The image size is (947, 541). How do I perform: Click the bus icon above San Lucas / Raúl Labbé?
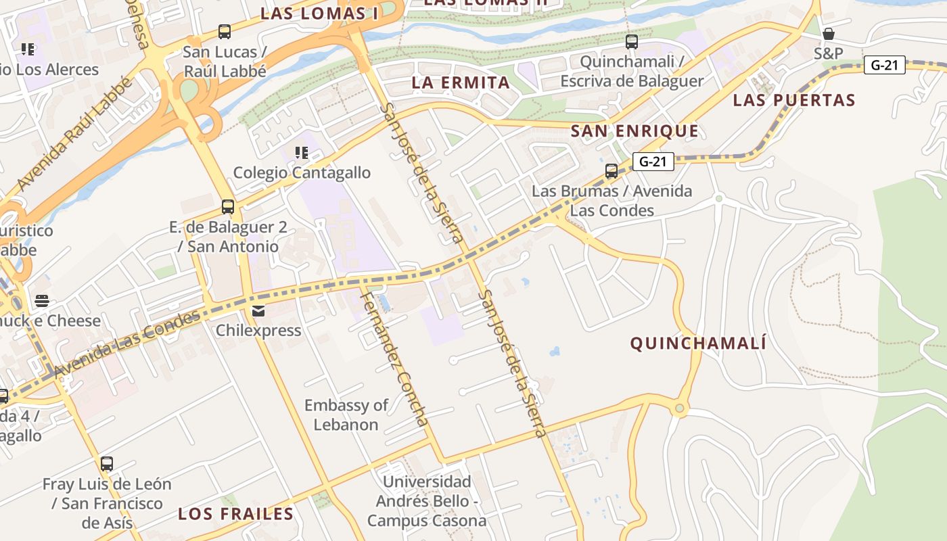[x=225, y=32]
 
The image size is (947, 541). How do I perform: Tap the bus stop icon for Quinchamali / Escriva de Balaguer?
[x=632, y=42]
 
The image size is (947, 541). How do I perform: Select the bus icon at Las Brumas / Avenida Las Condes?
[x=611, y=171]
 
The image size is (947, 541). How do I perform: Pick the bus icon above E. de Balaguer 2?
[x=228, y=207]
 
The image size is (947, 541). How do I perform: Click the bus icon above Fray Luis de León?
[x=107, y=464]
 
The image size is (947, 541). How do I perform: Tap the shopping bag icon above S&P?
[x=828, y=34]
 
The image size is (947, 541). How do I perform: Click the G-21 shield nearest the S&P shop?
[x=884, y=66]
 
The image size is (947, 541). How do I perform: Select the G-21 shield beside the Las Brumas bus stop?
[x=653, y=162]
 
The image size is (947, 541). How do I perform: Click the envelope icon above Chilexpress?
[x=258, y=311]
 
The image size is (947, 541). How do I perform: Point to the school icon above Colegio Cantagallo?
[x=302, y=153]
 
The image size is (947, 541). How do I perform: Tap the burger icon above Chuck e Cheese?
[x=42, y=301]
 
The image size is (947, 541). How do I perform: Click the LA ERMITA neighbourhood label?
[x=461, y=83]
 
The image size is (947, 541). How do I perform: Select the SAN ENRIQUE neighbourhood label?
[x=634, y=131]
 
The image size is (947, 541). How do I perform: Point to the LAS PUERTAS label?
[x=794, y=101]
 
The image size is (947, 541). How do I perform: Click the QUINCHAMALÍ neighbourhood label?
[x=698, y=344]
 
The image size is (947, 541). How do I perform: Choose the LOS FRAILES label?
[x=236, y=514]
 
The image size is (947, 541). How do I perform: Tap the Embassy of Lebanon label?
[x=346, y=415]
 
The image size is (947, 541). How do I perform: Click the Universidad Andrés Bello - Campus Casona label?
[x=427, y=501]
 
